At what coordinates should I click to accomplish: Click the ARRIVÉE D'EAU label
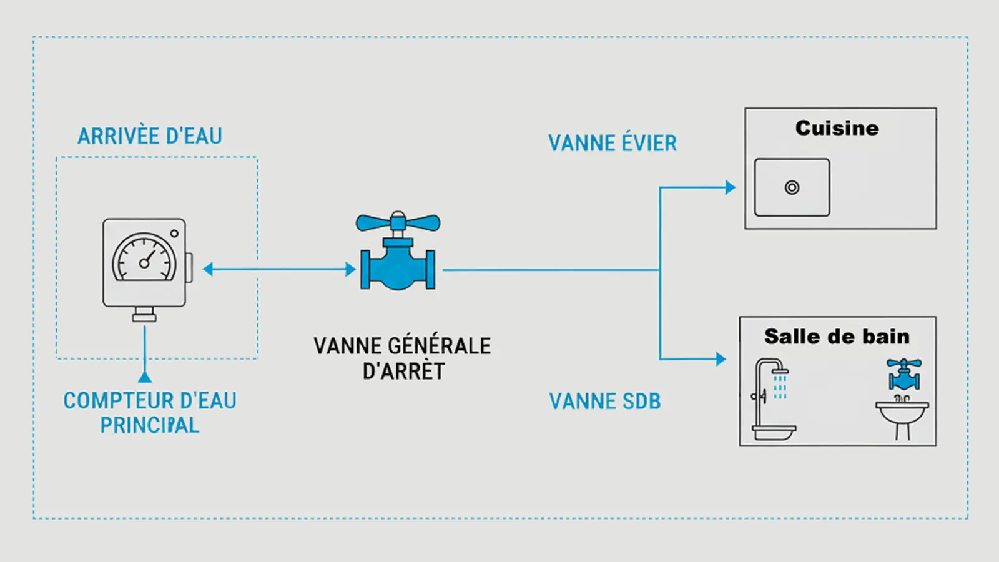click(x=150, y=136)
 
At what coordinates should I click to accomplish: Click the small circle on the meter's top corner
click(x=174, y=234)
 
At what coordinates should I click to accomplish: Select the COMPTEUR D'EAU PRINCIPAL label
click(x=150, y=413)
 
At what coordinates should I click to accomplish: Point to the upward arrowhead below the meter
click(x=145, y=377)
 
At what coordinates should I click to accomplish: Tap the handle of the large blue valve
click(x=398, y=222)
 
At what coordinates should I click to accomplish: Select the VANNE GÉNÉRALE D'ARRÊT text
click(x=402, y=358)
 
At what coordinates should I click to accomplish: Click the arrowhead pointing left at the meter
click(x=209, y=269)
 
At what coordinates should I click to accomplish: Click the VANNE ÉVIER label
click(x=613, y=143)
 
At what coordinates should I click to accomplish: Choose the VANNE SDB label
click(x=604, y=402)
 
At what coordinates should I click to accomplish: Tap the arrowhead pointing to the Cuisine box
click(x=730, y=187)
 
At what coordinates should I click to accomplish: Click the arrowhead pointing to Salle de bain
click(x=721, y=359)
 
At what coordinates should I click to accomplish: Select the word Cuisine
click(x=837, y=128)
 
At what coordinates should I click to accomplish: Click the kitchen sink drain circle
click(x=792, y=187)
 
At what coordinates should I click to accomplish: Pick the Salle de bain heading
click(x=837, y=337)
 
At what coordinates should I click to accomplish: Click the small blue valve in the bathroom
click(x=904, y=374)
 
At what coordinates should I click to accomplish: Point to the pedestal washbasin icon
click(x=902, y=415)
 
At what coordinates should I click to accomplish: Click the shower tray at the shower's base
click(x=774, y=431)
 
